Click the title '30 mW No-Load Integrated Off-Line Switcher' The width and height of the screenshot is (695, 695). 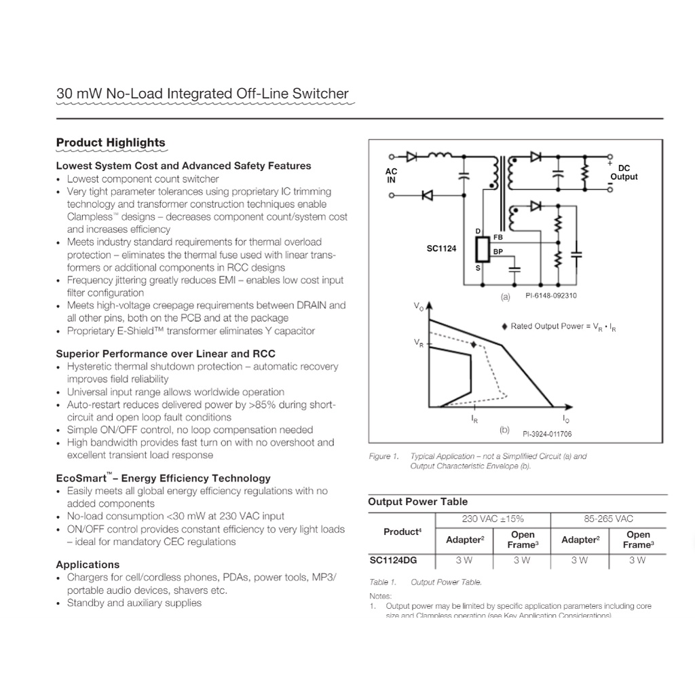click(x=202, y=94)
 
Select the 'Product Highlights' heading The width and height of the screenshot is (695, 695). click(x=111, y=143)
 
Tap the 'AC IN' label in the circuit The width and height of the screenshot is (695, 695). click(x=392, y=176)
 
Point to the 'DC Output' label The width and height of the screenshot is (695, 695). click(x=624, y=172)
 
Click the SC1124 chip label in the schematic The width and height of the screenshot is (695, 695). click(x=442, y=249)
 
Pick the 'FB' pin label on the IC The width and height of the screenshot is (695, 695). click(x=498, y=238)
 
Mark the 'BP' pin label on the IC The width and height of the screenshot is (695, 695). click(x=498, y=252)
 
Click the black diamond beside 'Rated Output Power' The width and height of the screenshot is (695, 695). click(x=504, y=326)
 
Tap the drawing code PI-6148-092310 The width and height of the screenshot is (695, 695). click(x=551, y=296)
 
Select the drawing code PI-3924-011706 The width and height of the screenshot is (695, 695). click(x=547, y=434)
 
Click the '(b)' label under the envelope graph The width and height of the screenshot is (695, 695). click(x=504, y=430)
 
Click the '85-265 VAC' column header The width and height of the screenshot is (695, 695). click(x=609, y=519)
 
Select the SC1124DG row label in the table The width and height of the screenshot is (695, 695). click(x=394, y=560)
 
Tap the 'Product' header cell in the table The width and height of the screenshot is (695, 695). click(x=402, y=532)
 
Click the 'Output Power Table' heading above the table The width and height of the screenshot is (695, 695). click(x=417, y=502)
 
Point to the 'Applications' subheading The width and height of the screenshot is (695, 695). click(x=88, y=565)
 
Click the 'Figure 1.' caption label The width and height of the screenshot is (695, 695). click(x=380, y=457)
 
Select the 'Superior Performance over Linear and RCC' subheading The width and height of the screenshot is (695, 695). click(x=166, y=354)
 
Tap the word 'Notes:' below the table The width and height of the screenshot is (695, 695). click(x=380, y=596)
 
